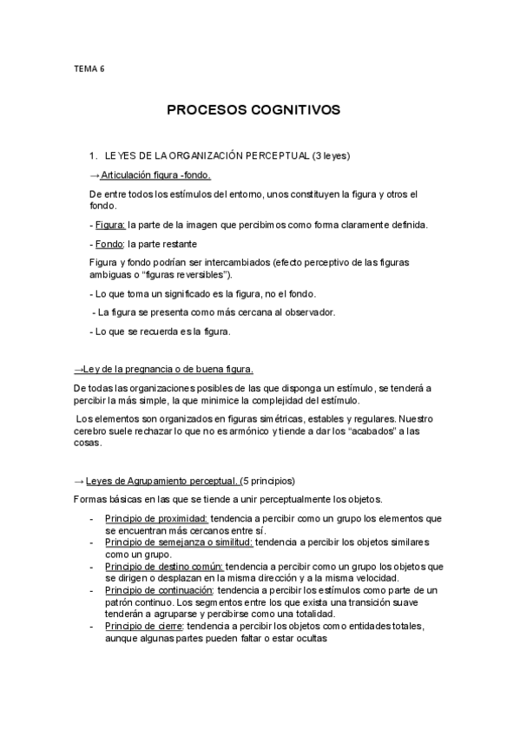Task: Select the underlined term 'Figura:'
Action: coord(109,225)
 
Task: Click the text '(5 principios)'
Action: coord(269,480)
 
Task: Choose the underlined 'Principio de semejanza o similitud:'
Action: coord(179,542)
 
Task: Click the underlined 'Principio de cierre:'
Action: coord(144,626)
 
